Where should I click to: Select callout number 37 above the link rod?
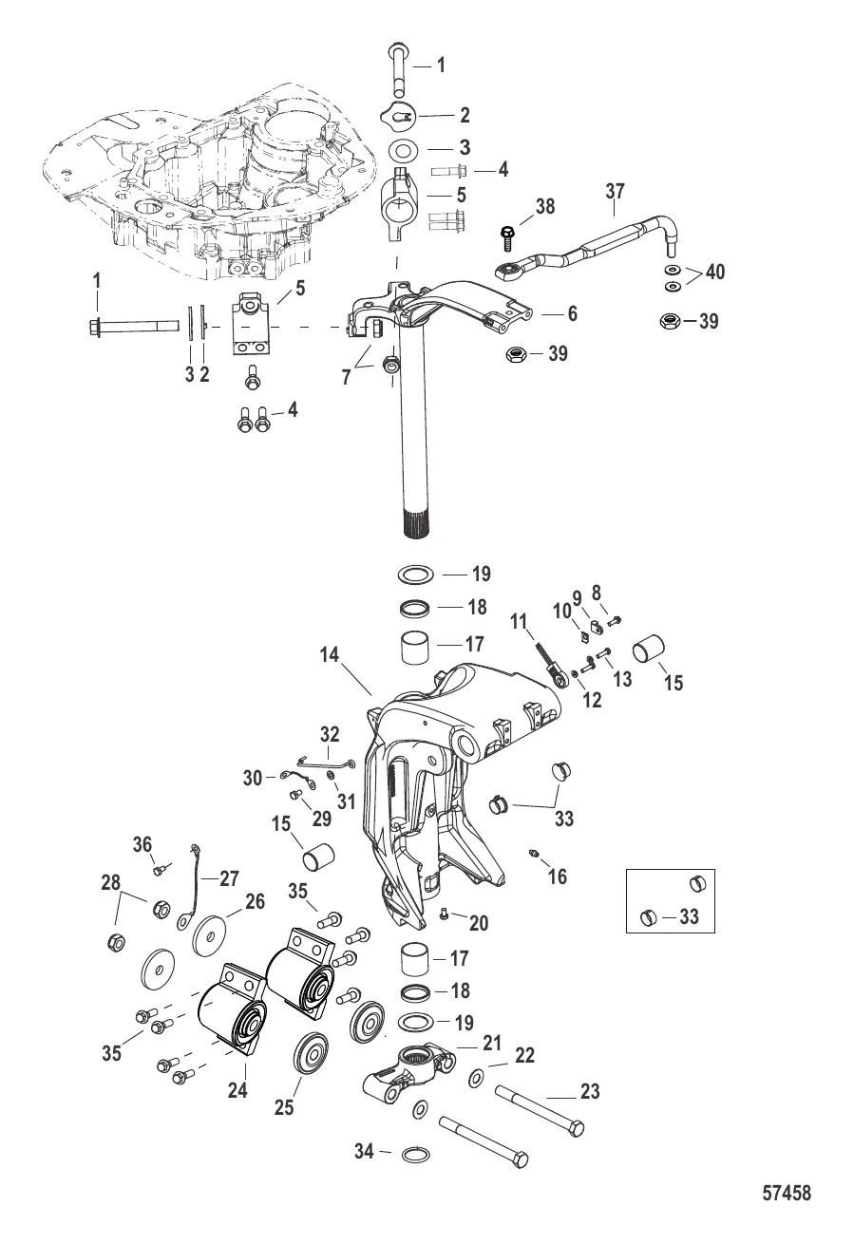coord(615,192)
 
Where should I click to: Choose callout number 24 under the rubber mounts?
coord(237,1091)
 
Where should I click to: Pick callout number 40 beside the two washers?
coord(713,273)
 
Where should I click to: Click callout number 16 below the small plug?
coord(558,876)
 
